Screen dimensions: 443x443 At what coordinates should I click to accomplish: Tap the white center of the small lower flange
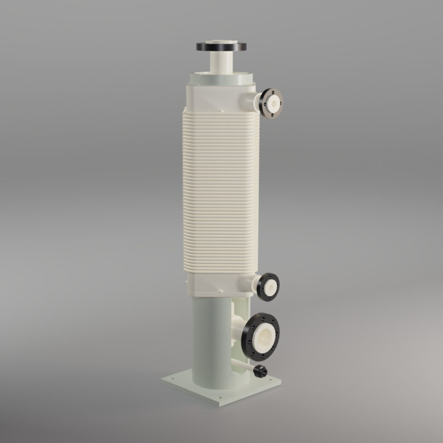pos(270,287)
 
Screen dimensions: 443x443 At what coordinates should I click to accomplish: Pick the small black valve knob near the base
pos(260,371)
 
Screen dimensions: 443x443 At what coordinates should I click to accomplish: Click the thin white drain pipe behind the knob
pos(242,365)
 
